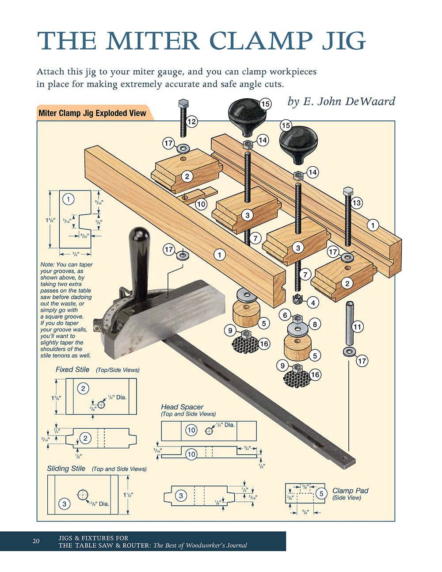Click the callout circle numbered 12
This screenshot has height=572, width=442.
192,122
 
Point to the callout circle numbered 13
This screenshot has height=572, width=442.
356,203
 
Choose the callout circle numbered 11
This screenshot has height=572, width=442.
358,327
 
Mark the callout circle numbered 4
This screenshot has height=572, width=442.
313,303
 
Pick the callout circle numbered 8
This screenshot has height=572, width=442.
315,324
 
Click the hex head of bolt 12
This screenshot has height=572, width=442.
183,104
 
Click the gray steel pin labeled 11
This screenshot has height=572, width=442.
348,323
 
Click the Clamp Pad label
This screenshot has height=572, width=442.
350,491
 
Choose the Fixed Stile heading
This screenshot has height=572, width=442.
72,370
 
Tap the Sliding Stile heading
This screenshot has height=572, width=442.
66,469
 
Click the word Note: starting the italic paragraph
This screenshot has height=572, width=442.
48,265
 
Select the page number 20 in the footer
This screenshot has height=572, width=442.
36,541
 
